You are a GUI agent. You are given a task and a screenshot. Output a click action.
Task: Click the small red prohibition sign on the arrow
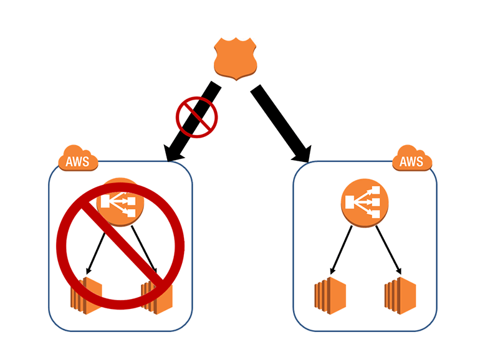pyautogui.click(x=196, y=116)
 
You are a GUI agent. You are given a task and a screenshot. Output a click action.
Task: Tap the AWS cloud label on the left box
pyautogui.click(x=77, y=160)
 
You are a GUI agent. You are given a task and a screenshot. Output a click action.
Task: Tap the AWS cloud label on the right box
pyautogui.click(x=412, y=160)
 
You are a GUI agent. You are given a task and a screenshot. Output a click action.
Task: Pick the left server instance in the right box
pyautogui.click(x=330, y=293)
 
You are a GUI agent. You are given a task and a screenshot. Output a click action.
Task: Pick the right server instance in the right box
pyautogui.click(x=399, y=293)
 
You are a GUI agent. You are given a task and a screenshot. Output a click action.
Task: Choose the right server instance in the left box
pyautogui.click(x=156, y=295)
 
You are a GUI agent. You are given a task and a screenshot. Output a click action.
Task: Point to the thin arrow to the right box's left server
pyautogui.click(x=342, y=249)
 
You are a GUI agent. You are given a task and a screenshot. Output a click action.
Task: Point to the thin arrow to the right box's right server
pyautogui.click(x=388, y=249)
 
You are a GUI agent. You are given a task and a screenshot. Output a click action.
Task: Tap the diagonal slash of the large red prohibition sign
pyautogui.click(x=118, y=243)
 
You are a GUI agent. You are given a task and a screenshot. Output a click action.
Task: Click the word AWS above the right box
pyautogui.click(x=412, y=163)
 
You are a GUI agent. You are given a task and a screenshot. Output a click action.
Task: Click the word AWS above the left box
pyautogui.click(x=77, y=163)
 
